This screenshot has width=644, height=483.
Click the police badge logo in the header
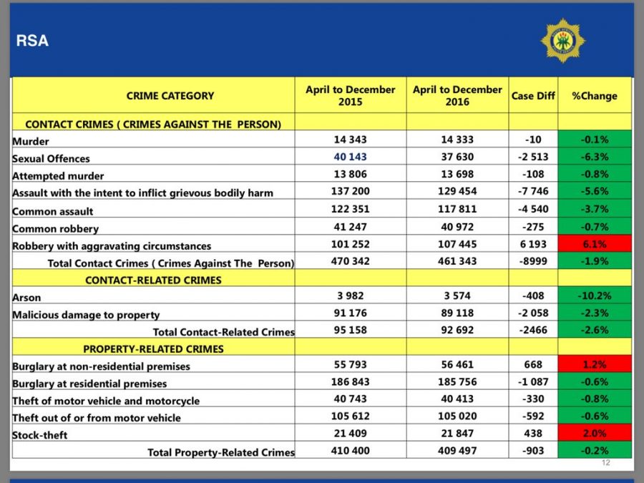coord(562,40)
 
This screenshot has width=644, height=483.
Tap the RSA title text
coord(32,41)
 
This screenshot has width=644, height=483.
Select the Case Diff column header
coord(533,96)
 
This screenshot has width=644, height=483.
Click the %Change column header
coord(595,96)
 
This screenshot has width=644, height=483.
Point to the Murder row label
coord(30,141)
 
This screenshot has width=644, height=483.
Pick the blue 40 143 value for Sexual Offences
coord(351,157)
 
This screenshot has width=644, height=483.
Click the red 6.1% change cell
coord(595,244)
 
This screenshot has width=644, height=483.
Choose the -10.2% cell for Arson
coord(595,296)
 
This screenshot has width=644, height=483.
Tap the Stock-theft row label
coord(40,435)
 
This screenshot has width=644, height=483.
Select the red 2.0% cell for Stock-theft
coord(595,433)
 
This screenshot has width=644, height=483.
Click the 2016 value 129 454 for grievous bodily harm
coord(457,191)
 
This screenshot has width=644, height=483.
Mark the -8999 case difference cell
coord(533,261)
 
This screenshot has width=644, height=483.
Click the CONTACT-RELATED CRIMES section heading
coord(153,280)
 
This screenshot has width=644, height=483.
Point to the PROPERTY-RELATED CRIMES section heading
coord(153,348)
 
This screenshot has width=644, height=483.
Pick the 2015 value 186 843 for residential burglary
coord(351,381)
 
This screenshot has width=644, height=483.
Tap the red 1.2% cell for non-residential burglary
coord(595,364)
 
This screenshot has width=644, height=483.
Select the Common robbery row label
coord(55,229)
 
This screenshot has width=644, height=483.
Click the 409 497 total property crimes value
coord(457,451)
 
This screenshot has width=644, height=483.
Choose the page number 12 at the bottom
coord(606,463)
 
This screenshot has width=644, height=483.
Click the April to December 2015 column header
coord(351,95)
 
